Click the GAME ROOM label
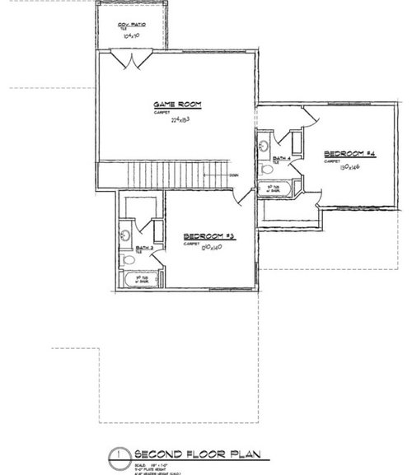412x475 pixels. (x=178, y=105)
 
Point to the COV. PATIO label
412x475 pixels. (x=133, y=26)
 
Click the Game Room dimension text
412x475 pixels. (x=180, y=120)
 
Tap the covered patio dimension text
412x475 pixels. (x=133, y=37)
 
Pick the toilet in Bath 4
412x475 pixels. (x=266, y=170)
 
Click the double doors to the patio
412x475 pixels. (x=133, y=59)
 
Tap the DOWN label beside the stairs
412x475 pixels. (x=234, y=175)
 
